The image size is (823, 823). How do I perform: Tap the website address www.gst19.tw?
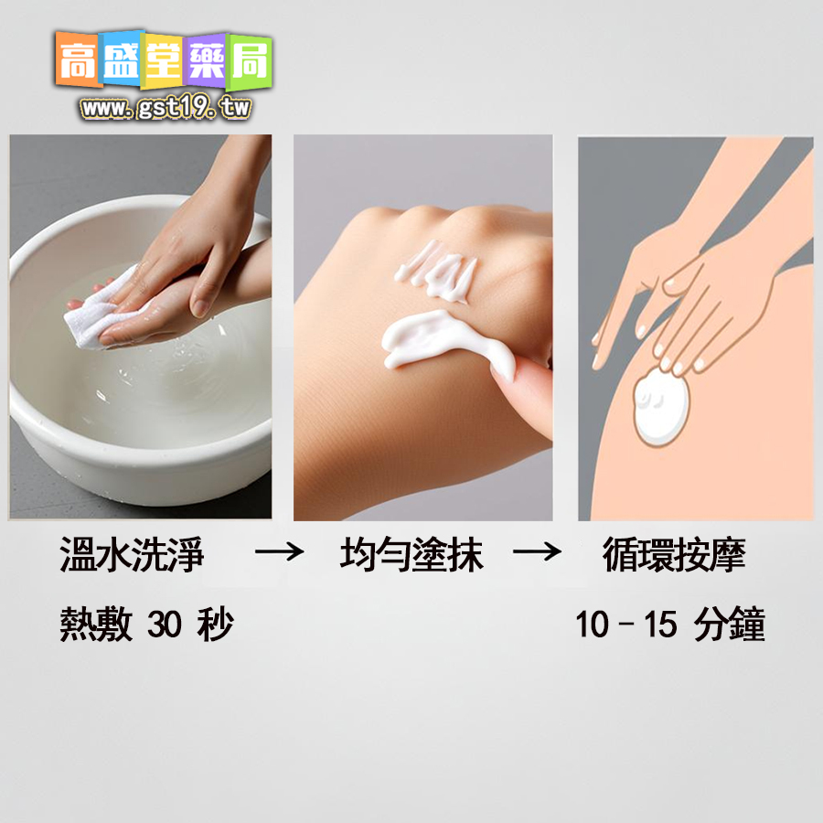point(166,108)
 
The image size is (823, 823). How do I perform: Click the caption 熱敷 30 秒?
point(146,625)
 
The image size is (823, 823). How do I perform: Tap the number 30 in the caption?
point(165,625)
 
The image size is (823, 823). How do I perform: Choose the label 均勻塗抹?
point(411,556)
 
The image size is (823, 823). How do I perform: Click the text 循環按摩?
point(674,556)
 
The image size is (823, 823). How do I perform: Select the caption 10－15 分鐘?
point(670,625)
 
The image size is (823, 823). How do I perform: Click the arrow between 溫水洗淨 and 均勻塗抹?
point(278,553)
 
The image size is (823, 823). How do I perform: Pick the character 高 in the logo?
point(79,60)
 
